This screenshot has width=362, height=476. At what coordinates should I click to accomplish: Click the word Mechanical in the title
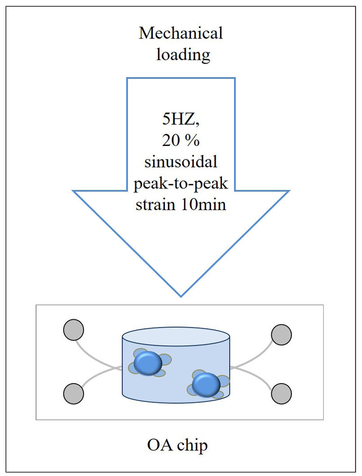click(181, 33)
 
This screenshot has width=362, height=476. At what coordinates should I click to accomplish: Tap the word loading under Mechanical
click(183, 55)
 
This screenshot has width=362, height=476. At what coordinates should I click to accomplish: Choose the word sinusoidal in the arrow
click(181, 162)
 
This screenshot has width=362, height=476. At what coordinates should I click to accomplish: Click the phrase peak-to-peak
click(181, 184)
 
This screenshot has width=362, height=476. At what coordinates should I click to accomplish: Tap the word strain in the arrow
click(155, 204)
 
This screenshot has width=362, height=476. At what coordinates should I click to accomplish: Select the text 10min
click(203, 204)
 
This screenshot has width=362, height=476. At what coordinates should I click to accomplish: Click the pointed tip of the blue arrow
click(181, 296)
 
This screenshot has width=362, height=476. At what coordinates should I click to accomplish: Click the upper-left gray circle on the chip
click(74, 330)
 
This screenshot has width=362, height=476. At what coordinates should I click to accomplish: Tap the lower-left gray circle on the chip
click(74, 394)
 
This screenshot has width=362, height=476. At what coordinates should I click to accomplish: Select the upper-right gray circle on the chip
click(281, 335)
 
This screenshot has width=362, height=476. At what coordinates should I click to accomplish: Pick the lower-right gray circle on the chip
click(281, 394)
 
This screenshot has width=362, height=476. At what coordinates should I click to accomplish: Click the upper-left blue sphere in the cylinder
click(148, 363)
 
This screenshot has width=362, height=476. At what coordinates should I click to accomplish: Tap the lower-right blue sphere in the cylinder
click(206, 385)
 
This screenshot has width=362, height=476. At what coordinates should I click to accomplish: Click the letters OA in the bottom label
click(159, 445)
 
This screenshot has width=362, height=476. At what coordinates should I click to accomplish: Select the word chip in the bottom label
click(193, 446)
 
